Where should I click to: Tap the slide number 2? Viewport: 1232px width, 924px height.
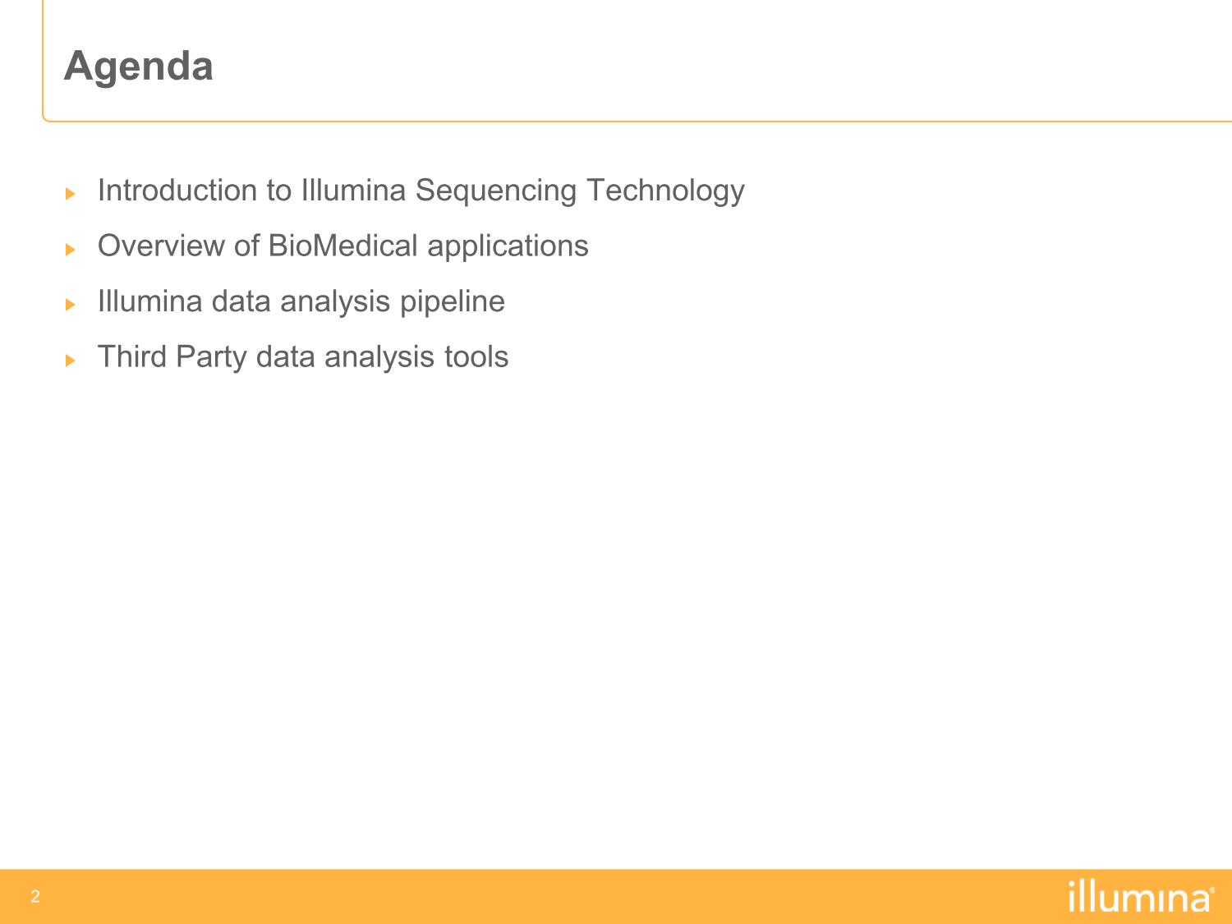pyautogui.click(x=35, y=896)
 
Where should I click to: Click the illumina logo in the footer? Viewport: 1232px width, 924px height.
pyautogui.click(x=1141, y=896)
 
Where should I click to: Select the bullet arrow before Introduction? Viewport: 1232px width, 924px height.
pyautogui.click(x=70, y=194)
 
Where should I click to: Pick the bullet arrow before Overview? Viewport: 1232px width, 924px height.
pyautogui.click(x=70, y=249)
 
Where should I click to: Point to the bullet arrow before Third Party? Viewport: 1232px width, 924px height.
pyautogui.click(x=70, y=361)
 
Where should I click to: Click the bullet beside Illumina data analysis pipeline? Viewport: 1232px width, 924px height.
pyautogui.click(x=70, y=305)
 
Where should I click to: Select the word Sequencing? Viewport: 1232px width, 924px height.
pyautogui.click(x=496, y=191)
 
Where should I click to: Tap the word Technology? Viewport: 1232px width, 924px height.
pyautogui.click(x=665, y=191)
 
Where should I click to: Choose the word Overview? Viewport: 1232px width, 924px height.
pyautogui.click(x=161, y=246)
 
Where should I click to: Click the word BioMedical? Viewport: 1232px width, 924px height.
pyautogui.click(x=343, y=246)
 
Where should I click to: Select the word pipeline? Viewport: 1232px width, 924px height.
pyautogui.click(x=453, y=302)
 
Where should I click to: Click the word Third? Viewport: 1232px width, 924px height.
pyautogui.click(x=132, y=356)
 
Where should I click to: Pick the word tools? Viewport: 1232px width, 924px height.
pyautogui.click(x=476, y=356)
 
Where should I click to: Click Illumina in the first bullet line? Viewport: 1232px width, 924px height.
pyautogui.click(x=354, y=191)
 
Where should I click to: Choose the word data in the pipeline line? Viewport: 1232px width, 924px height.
pyautogui.click(x=241, y=301)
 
